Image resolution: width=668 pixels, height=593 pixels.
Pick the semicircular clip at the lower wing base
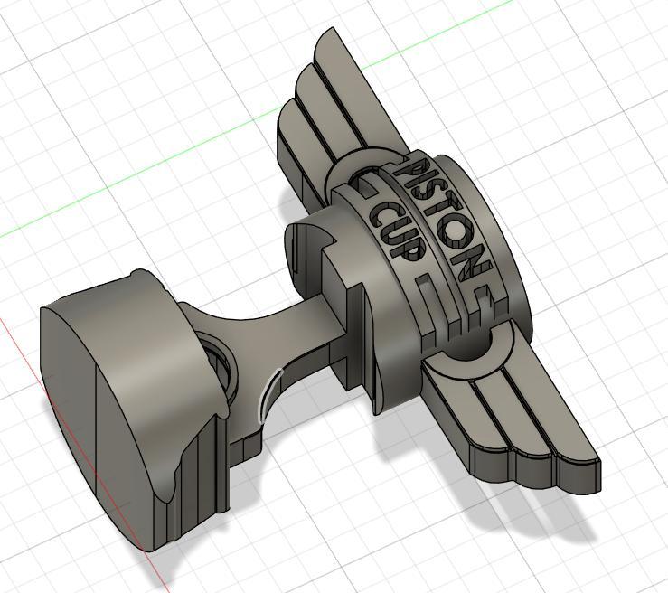[470, 357]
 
